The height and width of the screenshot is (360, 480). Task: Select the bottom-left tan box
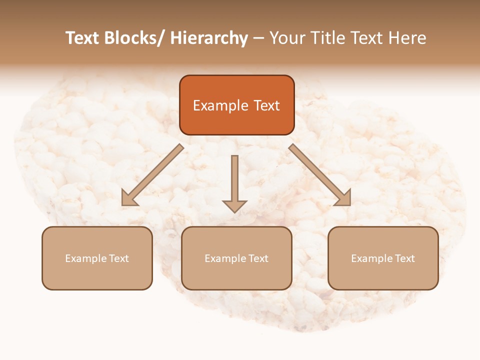tap(97, 258)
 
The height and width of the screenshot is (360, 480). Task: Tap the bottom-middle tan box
tap(236, 258)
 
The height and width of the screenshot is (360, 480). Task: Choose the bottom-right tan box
tap(383, 258)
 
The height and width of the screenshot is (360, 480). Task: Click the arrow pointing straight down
tap(234, 182)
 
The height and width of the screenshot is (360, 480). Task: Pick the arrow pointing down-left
tap(152, 175)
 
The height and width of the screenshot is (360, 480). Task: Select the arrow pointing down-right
tap(320, 175)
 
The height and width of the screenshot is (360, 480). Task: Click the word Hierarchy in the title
tap(209, 38)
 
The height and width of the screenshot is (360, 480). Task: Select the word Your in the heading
tap(287, 38)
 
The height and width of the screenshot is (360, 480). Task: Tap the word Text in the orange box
tap(266, 105)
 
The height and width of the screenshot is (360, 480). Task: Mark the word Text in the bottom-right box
tap(405, 258)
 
